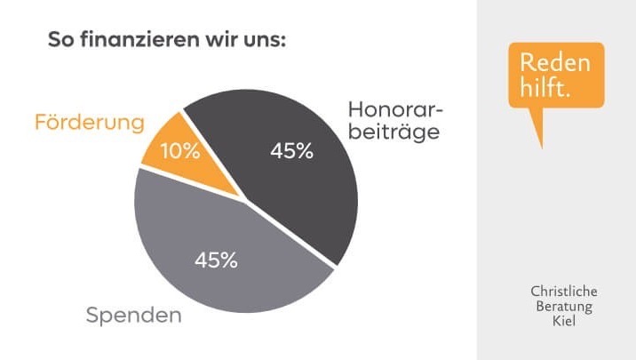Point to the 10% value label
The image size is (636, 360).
point(180,151)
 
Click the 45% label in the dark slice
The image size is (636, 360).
point(291,151)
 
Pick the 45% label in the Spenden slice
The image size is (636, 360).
point(216,260)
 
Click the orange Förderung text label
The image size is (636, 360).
point(89,123)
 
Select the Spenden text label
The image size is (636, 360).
point(133,315)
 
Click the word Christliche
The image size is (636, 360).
point(564,292)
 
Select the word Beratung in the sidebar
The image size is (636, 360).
point(564,307)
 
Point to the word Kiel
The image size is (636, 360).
point(564,322)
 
